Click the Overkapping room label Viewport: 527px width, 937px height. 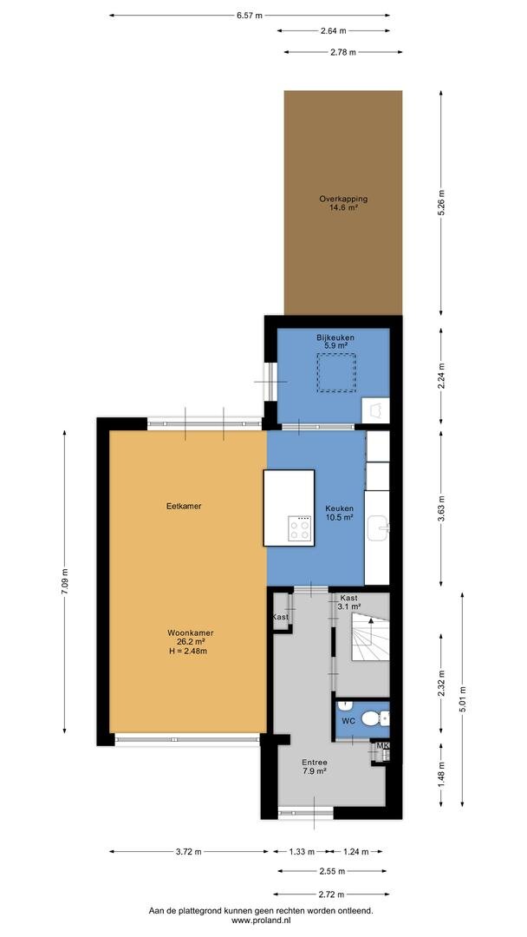click(342, 199)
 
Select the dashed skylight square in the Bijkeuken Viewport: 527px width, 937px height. click(336, 373)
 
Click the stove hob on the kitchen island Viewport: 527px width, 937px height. click(300, 528)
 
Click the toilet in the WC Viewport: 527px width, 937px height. click(374, 717)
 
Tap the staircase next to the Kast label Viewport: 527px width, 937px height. click(370, 638)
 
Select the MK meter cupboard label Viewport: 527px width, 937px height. click(382, 745)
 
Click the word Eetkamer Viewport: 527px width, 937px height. click(184, 506)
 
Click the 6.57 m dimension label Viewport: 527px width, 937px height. click(249, 16)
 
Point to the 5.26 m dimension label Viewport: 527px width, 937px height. click(441, 203)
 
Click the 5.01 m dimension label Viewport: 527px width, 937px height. click(463, 699)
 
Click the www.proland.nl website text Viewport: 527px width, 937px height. click(261, 921)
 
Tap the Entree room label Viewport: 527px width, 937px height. click(314, 763)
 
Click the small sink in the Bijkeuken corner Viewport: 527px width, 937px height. click(376, 410)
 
